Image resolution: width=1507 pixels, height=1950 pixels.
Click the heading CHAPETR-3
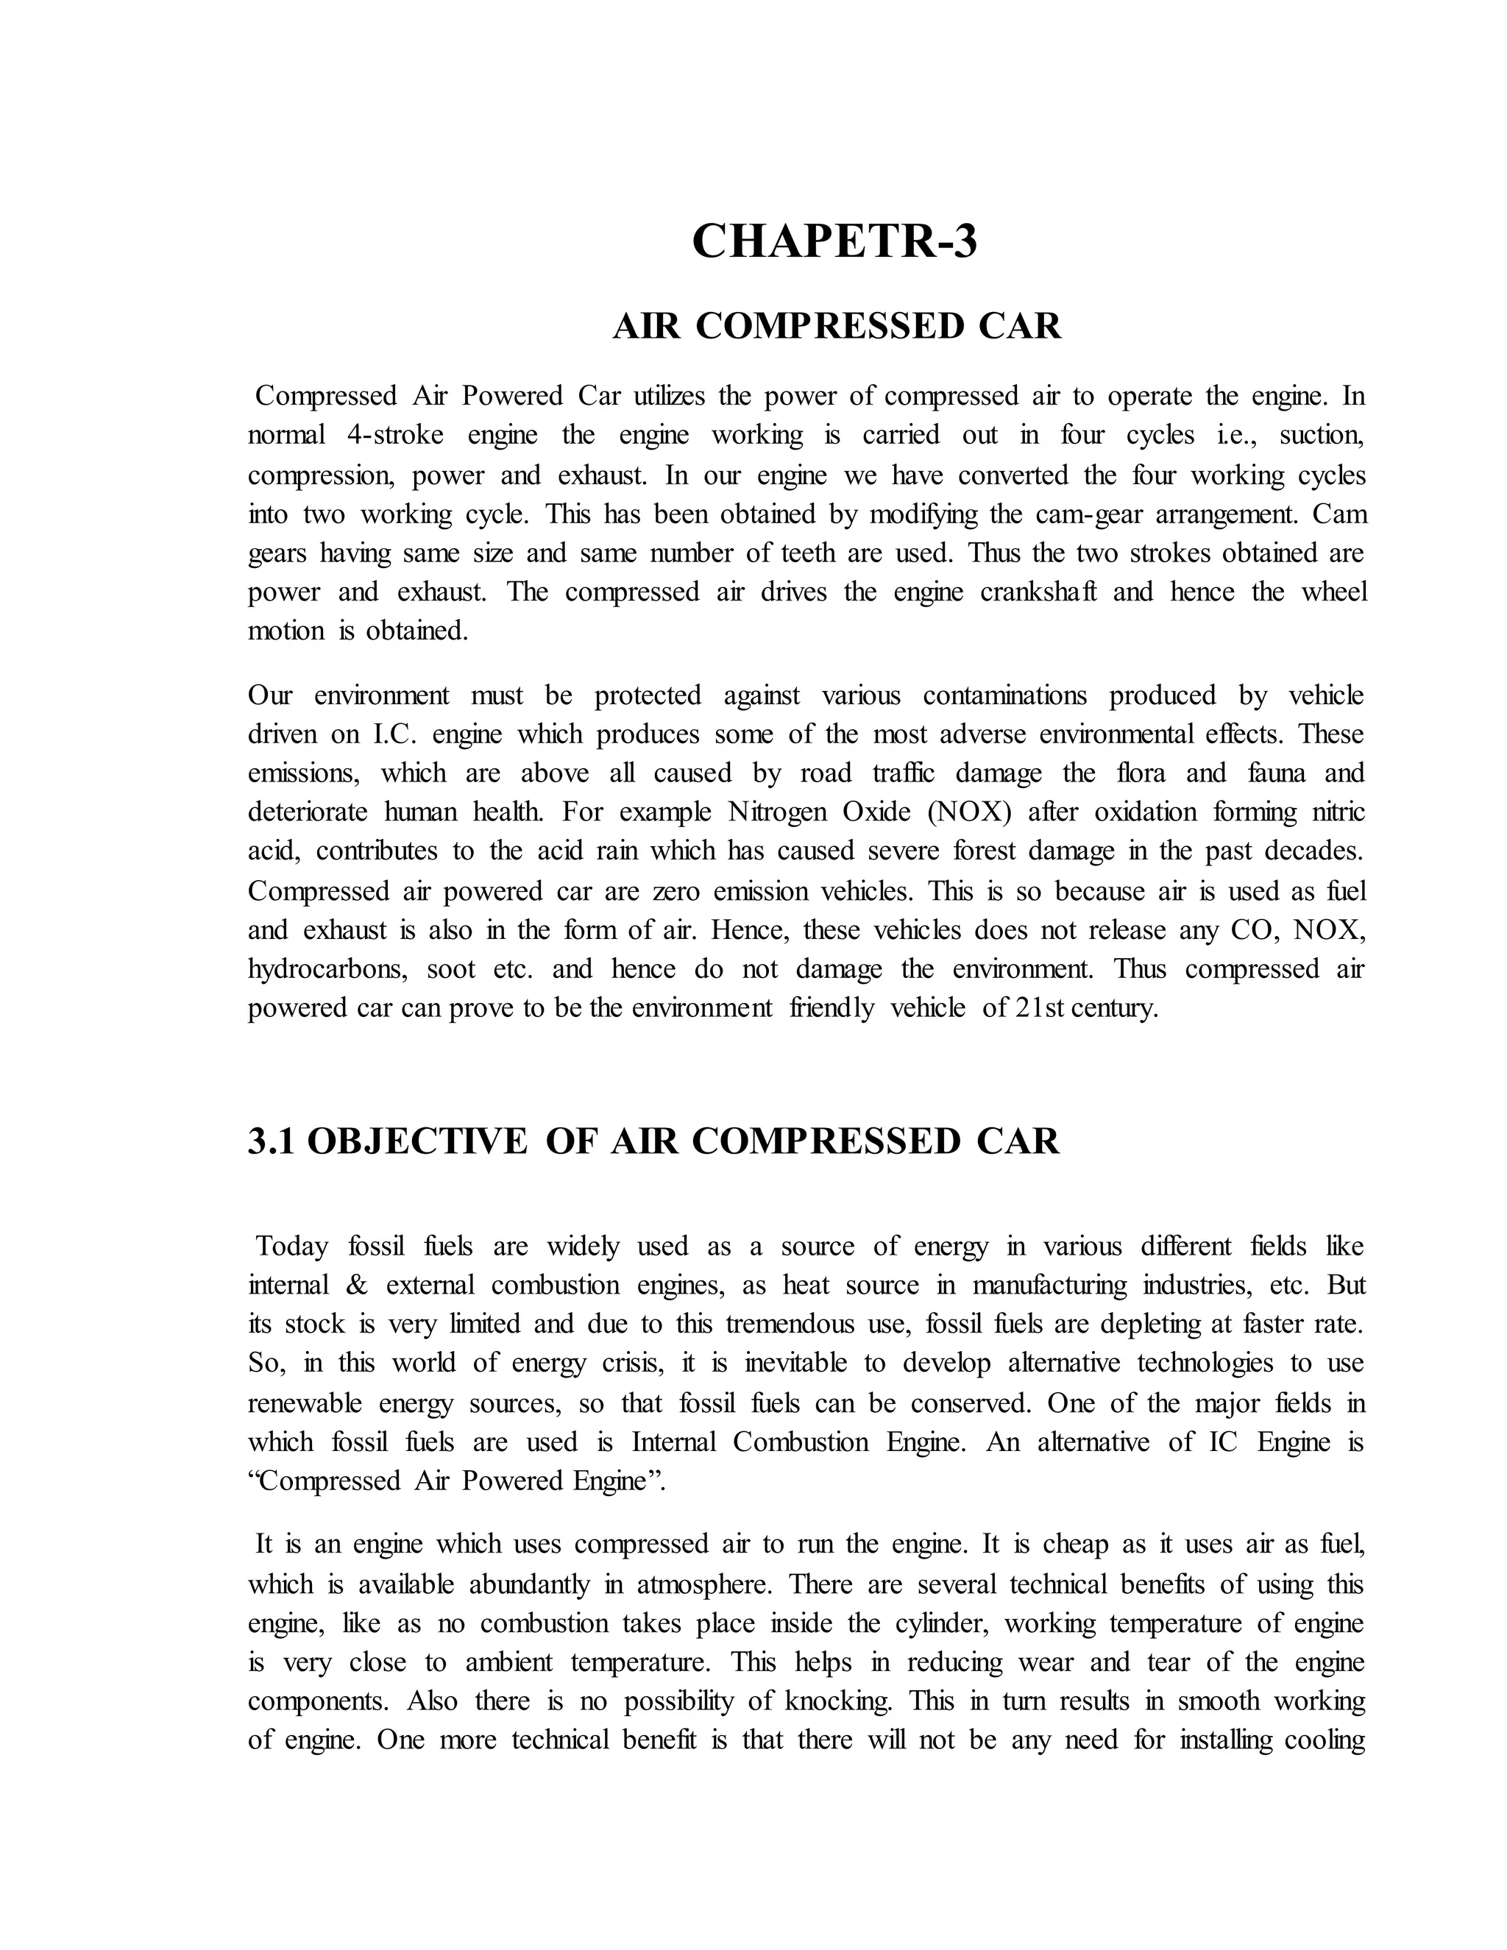[834, 241]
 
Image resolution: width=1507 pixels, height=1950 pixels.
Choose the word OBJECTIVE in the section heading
[417, 1141]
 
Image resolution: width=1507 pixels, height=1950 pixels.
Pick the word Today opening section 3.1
[292, 1247]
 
